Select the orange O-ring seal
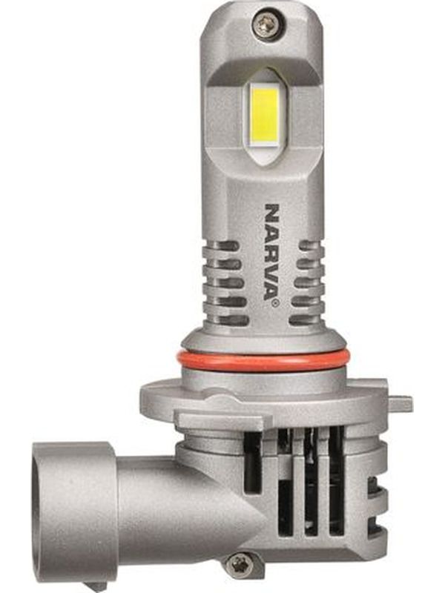[x=264, y=361]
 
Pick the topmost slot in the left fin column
[x=229, y=246]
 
